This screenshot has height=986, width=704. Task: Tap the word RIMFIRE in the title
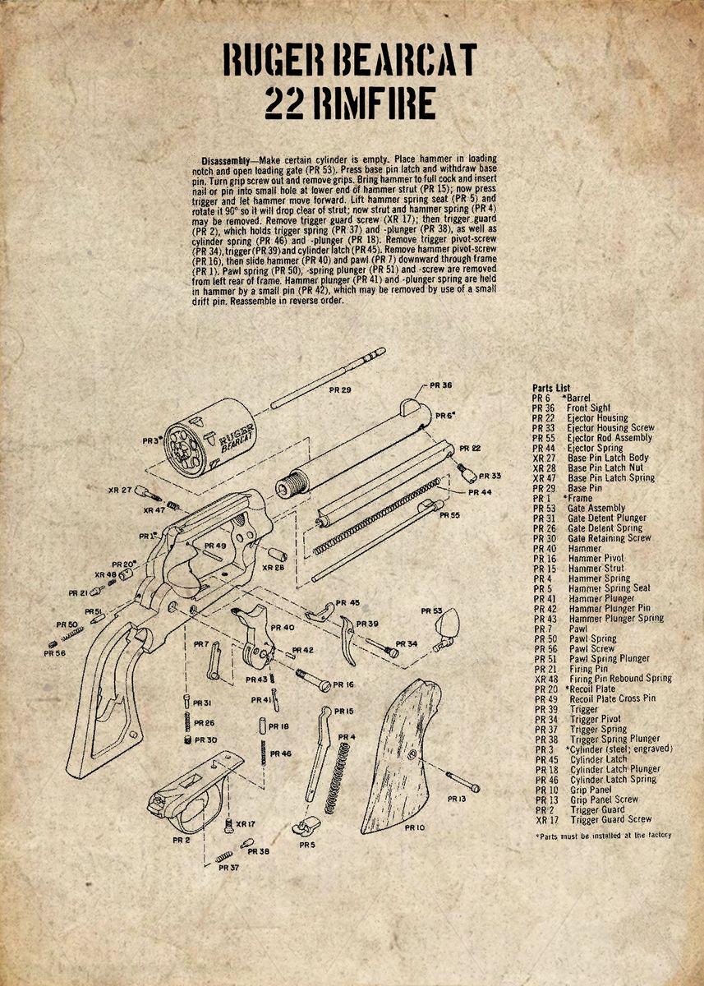pos(380,104)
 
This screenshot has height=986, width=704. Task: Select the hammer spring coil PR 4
pos(334,776)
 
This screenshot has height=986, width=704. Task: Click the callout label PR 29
pos(339,389)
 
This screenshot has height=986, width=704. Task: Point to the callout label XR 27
pos(120,491)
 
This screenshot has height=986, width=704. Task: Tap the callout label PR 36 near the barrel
pos(440,385)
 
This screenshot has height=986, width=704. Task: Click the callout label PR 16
pos(343,684)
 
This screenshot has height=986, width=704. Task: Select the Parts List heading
pos(551,388)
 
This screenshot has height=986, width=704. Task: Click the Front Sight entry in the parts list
pos(588,408)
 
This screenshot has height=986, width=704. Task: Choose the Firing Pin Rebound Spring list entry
pos(620,679)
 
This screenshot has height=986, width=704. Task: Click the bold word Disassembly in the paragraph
pos(228,158)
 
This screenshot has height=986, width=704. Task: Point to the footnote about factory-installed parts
pos(602,836)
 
